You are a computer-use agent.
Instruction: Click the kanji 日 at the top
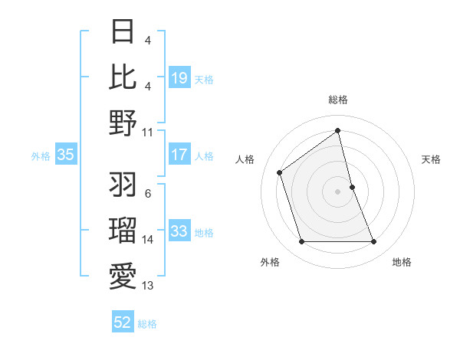[x=123, y=33]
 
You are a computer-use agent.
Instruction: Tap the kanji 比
[x=123, y=77]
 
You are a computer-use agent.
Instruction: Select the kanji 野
[x=123, y=122]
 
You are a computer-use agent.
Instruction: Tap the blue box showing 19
[x=179, y=78]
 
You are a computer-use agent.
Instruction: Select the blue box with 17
[x=179, y=155]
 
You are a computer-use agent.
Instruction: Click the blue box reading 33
[x=179, y=231]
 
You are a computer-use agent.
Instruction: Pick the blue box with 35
[x=65, y=155]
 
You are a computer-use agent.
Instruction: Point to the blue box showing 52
[x=123, y=322]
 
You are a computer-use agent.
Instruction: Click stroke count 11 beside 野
[x=148, y=132]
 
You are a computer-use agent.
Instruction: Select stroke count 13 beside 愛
[x=148, y=286]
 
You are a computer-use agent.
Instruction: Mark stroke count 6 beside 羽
[x=148, y=195]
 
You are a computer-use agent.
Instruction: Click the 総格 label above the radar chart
[x=337, y=100]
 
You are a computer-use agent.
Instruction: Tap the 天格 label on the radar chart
[x=431, y=159]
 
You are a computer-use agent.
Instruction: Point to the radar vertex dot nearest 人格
[x=280, y=172]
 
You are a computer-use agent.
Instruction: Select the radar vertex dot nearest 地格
[x=373, y=242]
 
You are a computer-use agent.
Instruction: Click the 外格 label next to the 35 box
[x=41, y=156]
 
